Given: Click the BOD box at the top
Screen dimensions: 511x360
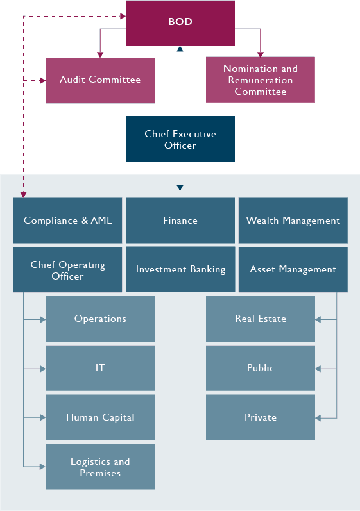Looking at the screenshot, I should (180, 22).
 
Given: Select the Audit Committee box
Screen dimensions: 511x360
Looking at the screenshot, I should (100, 80).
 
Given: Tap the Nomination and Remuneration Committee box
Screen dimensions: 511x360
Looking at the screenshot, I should (260, 80).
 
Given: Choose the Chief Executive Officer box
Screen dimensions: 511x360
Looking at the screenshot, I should (180, 139).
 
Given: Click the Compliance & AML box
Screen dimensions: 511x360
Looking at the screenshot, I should (67, 221).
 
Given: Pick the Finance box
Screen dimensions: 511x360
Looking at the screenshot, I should (180, 221).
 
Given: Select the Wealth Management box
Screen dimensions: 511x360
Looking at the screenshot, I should (293, 221).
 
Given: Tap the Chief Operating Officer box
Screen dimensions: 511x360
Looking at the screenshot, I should (67, 270).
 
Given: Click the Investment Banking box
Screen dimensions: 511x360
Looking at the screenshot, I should (180, 270).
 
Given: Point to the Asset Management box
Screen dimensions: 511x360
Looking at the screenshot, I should (293, 270).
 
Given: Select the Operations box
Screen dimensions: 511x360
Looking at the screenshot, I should (100, 319).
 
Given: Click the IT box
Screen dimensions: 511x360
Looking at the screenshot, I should (100, 368).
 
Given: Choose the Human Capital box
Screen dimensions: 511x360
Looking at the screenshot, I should (100, 417).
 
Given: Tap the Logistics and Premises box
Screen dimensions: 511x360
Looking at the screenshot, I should (100, 467).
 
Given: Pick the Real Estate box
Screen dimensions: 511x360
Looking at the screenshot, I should (260, 319).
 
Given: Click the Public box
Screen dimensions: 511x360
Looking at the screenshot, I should (260, 368).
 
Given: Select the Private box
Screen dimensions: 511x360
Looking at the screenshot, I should (260, 417).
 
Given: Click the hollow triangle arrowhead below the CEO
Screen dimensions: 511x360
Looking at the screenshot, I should (180, 188).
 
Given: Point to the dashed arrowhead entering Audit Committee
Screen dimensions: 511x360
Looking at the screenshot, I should (42, 80).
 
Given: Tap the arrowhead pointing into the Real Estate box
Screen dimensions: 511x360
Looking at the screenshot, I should (318, 319).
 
